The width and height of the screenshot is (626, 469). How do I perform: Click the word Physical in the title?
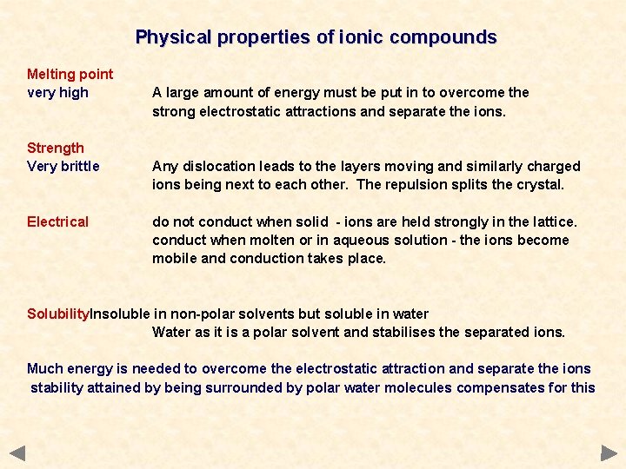click(x=173, y=37)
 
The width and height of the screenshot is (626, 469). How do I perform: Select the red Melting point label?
click(x=70, y=75)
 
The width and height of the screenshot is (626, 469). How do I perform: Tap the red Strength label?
click(x=56, y=148)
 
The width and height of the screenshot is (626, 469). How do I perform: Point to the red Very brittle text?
click(x=63, y=166)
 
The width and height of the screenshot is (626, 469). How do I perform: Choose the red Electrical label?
click(x=57, y=221)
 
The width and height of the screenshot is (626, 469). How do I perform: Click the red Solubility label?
click(x=58, y=314)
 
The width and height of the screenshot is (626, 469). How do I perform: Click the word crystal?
click(x=540, y=184)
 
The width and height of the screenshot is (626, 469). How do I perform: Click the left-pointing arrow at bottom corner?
click(x=17, y=452)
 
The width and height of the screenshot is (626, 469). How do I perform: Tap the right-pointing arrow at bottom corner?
click(x=609, y=452)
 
